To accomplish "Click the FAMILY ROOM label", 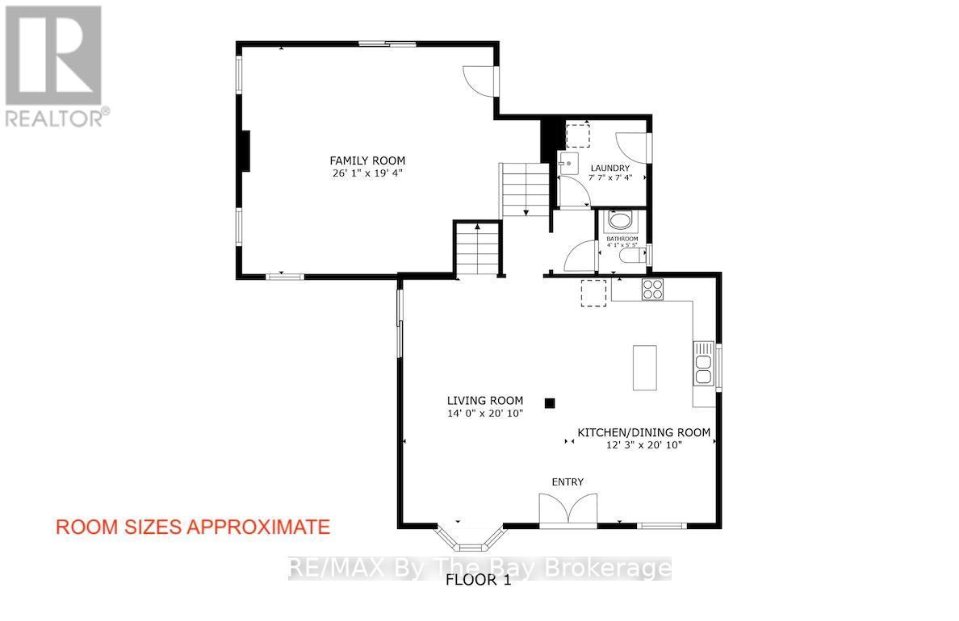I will pyautogui.click(x=367, y=160).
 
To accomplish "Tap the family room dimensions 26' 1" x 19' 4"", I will pyautogui.click(x=367, y=173).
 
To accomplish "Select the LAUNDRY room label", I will pyautogui.click(x=609, y=168).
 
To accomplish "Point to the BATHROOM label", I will pyautogui.click(x=622, y=239).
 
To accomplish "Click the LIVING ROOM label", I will pyautogui.click(x=485, y=400).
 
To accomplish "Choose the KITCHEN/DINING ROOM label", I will pyautogui.click(x=643, y=432).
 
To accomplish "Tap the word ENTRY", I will pyautogui.click(x=567, y=481).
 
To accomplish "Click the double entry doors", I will pyautogui.click(x=568, y=511).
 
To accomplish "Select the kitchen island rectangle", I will pyautogui.click(x=644, y=368).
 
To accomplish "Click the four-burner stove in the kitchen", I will pyautogui.click(x=652, y=289).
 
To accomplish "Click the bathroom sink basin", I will pyautogui.click(x=621, y=220).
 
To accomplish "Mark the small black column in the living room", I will pyautogui.click(x=550, y=402).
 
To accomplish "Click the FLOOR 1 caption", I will pyautogui.click(x=479, y=580).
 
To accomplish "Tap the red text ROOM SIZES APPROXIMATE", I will pyautogui.click(x=192, y=527).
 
